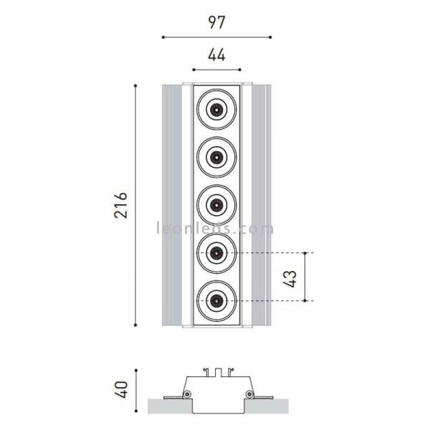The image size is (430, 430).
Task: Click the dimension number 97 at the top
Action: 216,21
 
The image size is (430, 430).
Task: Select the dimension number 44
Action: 216,55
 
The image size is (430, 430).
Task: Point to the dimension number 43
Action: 291,277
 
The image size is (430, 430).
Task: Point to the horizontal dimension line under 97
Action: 216,36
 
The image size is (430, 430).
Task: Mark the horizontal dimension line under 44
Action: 216,70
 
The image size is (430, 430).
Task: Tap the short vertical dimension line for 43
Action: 307,277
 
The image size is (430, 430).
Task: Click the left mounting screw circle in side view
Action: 186,395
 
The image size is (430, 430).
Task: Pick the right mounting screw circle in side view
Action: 248,395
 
